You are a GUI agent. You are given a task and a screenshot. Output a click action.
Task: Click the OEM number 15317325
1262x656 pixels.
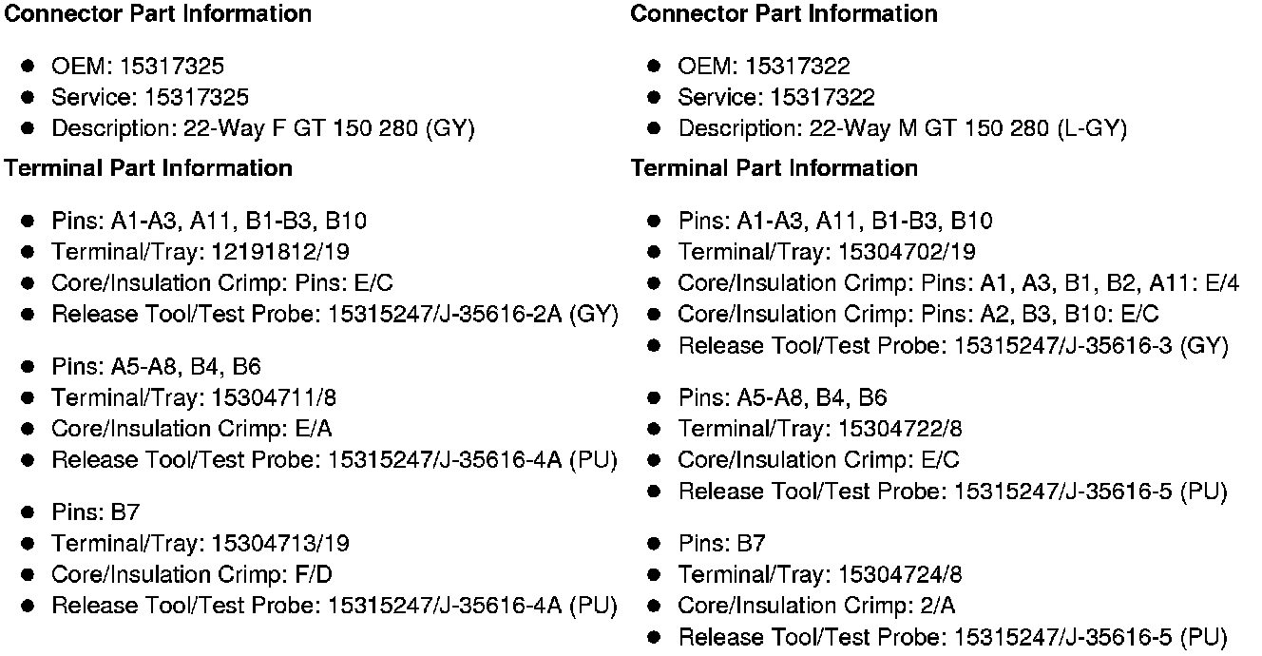171,67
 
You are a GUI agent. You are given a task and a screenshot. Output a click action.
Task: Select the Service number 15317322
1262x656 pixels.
822,98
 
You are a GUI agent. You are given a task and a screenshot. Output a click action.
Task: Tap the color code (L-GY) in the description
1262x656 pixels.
1092,129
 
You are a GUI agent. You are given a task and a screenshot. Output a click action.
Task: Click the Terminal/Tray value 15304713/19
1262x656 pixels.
279,544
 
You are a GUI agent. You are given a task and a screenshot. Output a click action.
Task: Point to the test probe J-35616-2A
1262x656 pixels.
500,315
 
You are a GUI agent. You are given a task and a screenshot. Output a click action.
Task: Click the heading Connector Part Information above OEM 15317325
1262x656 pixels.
158,14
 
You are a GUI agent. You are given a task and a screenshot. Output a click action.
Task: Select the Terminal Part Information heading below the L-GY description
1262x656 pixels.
774,168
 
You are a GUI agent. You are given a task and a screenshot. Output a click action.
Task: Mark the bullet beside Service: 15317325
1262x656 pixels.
29,98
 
